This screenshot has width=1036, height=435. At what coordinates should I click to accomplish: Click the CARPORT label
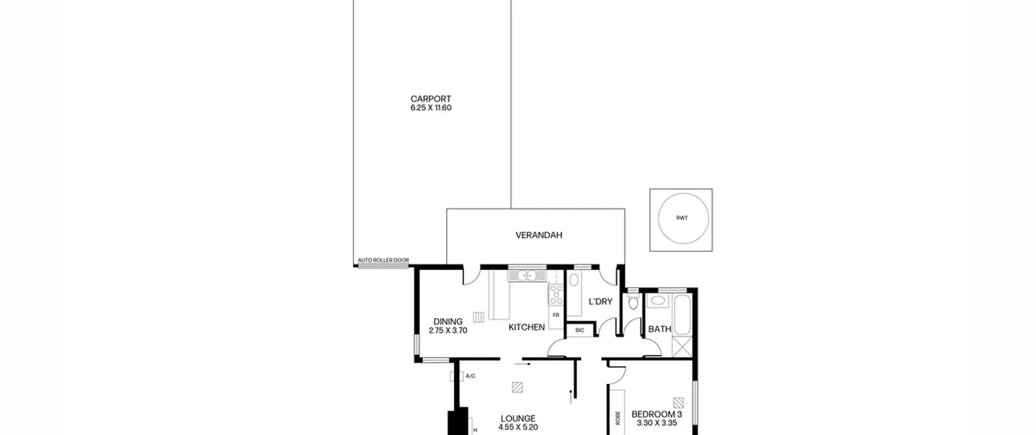(x=431, y=99)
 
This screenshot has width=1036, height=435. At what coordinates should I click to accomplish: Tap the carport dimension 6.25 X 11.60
(x=431, y=108)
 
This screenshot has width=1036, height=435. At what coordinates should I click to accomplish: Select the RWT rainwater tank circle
(x=683, y=218)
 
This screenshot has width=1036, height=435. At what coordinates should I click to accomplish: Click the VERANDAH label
(x=539, y=235)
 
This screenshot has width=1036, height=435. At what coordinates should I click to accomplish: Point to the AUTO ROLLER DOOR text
(x=383, y=260)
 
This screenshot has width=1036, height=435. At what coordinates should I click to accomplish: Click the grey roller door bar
(x=383, y=266)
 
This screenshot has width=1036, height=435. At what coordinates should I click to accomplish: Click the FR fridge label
(x=556, y=315)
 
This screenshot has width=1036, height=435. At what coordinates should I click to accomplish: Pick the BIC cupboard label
(x=580, y=330)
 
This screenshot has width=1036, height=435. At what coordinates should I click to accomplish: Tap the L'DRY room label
(x=600, y=301)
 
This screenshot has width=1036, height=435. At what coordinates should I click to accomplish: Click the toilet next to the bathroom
(x=633, y=301)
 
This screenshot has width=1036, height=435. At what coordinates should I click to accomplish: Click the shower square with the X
(x=682, y=347)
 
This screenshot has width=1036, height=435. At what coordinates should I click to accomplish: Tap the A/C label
(x=470, y=376)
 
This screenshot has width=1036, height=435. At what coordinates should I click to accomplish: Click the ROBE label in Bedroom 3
(x=618, y=418)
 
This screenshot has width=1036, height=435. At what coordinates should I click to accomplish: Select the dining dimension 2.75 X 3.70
(x=448, y=330)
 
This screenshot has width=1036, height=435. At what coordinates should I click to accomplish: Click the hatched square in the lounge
(x=517, y=388)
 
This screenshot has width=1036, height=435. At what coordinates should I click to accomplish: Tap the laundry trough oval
(x=574, y=280)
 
